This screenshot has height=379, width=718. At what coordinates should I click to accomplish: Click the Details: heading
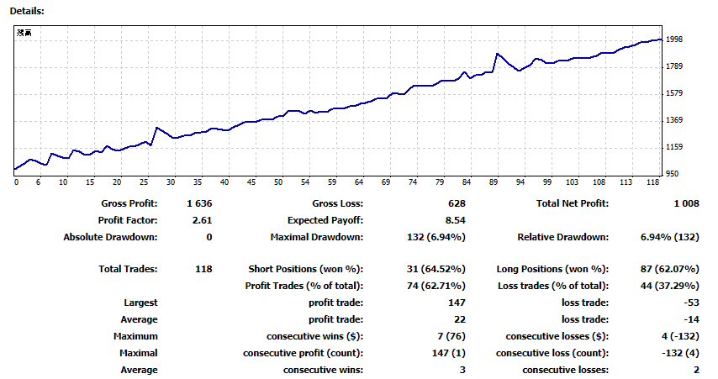(27, 11)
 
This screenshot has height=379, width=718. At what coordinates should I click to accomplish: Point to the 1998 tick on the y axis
(674, 39)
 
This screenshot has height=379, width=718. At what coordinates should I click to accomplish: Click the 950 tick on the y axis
(673, 174)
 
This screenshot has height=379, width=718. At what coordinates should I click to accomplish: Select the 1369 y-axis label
(674, 120)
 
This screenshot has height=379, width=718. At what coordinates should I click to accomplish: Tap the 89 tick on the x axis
(494, 182)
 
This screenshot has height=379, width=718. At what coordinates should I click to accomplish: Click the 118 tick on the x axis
(652, 182)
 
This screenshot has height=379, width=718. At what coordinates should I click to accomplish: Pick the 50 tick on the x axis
(278, 182)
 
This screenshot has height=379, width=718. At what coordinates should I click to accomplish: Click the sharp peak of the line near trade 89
(497, 54)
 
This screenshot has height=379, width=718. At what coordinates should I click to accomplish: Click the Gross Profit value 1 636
(199, 203)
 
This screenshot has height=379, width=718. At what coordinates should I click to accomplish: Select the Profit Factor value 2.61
(202, 221)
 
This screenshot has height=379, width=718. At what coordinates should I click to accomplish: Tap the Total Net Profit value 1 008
(686, 203)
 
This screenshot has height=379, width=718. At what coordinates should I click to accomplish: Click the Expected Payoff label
(325, 221)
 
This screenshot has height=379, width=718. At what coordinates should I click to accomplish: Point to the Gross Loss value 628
(457, 203)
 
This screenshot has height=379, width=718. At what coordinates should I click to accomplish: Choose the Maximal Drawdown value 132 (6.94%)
(436, 238)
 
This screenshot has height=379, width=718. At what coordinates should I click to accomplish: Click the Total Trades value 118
(203, 269)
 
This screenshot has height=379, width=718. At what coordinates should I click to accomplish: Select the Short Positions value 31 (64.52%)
(436, 269)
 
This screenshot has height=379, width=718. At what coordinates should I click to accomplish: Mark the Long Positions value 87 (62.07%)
(669, 269)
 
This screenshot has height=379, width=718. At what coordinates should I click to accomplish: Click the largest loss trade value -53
(691, 303)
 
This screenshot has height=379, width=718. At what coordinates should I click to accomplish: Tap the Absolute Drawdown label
(110, 238)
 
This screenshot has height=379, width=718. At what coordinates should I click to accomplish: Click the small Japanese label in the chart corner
(24, 33)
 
